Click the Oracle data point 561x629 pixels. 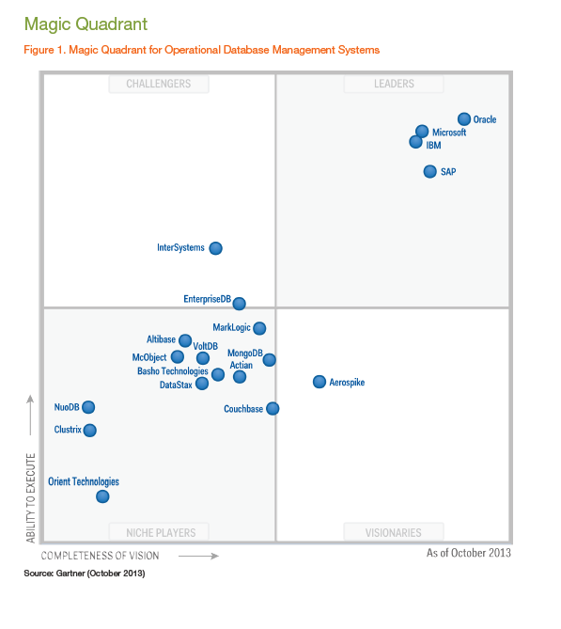pos(463,118)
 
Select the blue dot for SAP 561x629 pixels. pos(429,171)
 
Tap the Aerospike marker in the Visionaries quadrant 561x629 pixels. pos(319,382)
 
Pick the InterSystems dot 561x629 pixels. pos(215,248)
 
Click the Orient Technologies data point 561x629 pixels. pos(102,496)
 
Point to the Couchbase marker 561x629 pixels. pos(273,408)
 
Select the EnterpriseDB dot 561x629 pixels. pos(240,303)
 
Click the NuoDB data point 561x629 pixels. pos(88,407)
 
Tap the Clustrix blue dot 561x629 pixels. pos(90,430)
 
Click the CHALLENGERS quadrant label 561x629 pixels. pos(158,84)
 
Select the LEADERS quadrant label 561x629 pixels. pos(394,84)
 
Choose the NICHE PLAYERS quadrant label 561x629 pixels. pos(158,532)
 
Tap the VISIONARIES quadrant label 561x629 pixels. pos(394,532)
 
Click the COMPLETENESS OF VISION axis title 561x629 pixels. pos(100,556)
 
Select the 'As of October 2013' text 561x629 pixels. pos(468,553)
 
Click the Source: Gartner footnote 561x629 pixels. pos(85,573)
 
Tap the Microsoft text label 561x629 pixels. pos(449,133)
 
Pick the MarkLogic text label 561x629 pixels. pos(232,327)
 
